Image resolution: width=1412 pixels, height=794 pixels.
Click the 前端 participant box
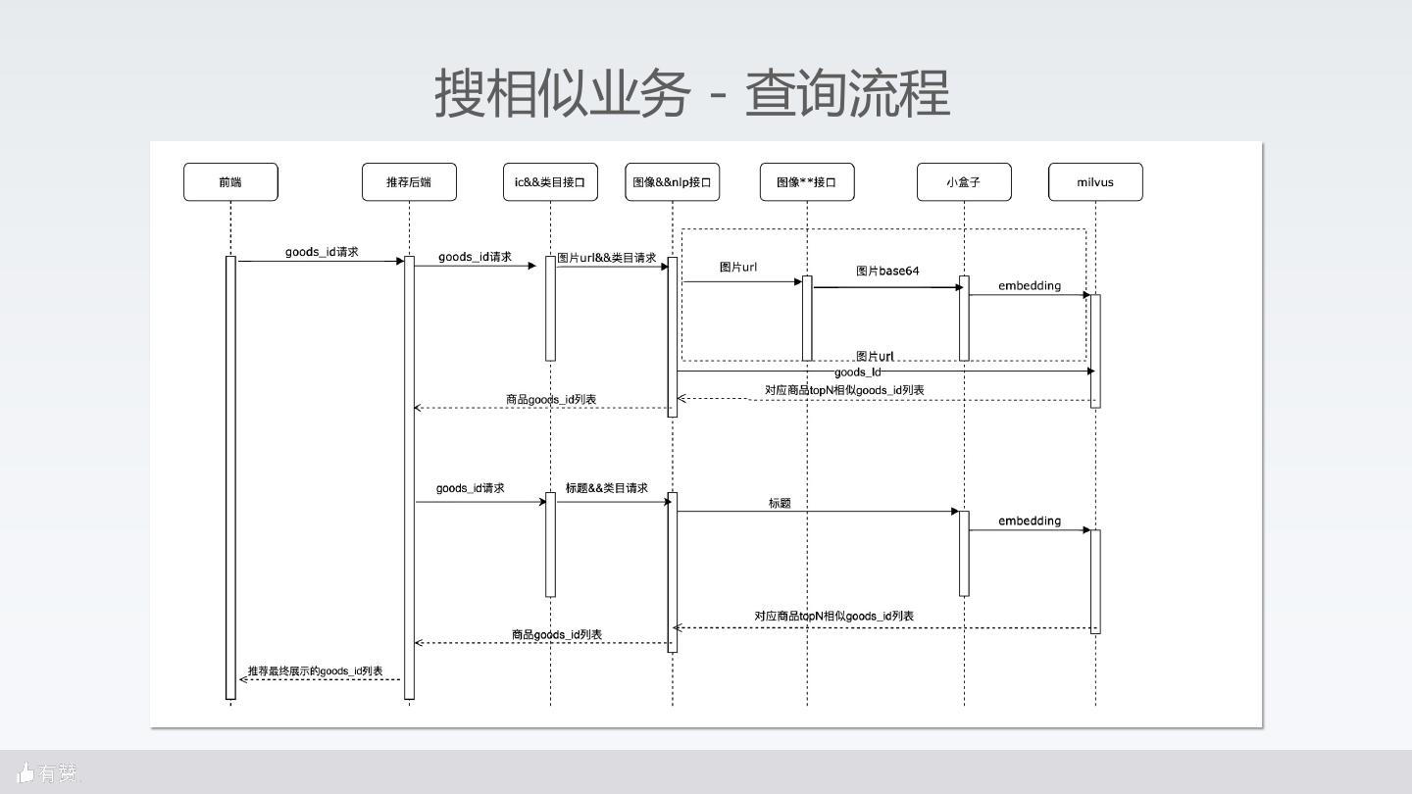click(x=230, y=182)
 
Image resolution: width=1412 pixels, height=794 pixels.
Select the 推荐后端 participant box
click(x=409, y=182)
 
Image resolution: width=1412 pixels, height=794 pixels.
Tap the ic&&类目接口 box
click(x=550, y=182)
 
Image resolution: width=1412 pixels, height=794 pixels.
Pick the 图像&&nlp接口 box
click(x=672, y=182)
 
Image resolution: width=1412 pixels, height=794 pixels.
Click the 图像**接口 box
click(x=807, y=182)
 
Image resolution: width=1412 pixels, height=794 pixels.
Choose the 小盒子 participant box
click(x=964, y=182)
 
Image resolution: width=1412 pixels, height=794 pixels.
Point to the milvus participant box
click(x=1095, y=182)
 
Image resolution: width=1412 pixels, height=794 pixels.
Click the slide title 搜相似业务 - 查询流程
click(x=692, y=94)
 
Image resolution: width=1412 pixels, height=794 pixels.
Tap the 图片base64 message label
click(x=887, y=271)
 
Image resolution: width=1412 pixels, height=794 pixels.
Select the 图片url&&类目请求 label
click(x=607, y=258)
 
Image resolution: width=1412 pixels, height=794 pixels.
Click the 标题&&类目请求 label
click(x=607, y=488)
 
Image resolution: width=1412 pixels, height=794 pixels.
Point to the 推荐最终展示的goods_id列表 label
click(x=316, y=671)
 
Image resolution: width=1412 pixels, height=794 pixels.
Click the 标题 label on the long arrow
click(x=780, y=503)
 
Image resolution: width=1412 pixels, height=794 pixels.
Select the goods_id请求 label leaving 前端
click(x=322, y=252)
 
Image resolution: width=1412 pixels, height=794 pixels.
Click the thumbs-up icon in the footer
click(x=25, y=773)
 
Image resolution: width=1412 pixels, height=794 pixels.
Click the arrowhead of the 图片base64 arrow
click(x=959, y=287)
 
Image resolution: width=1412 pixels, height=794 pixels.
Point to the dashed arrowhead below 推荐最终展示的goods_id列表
click(x=244, y=679)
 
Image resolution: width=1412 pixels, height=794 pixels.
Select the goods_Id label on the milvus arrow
click(x=858, y=372)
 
